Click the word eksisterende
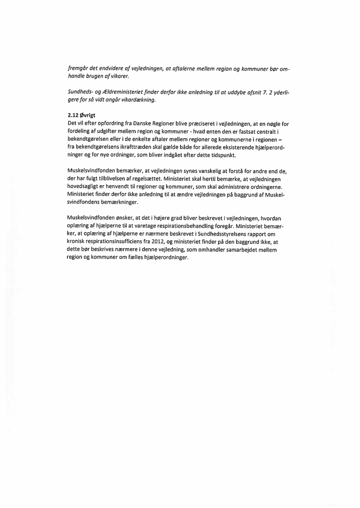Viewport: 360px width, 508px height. pyautogui.click(x=243, y=147)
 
